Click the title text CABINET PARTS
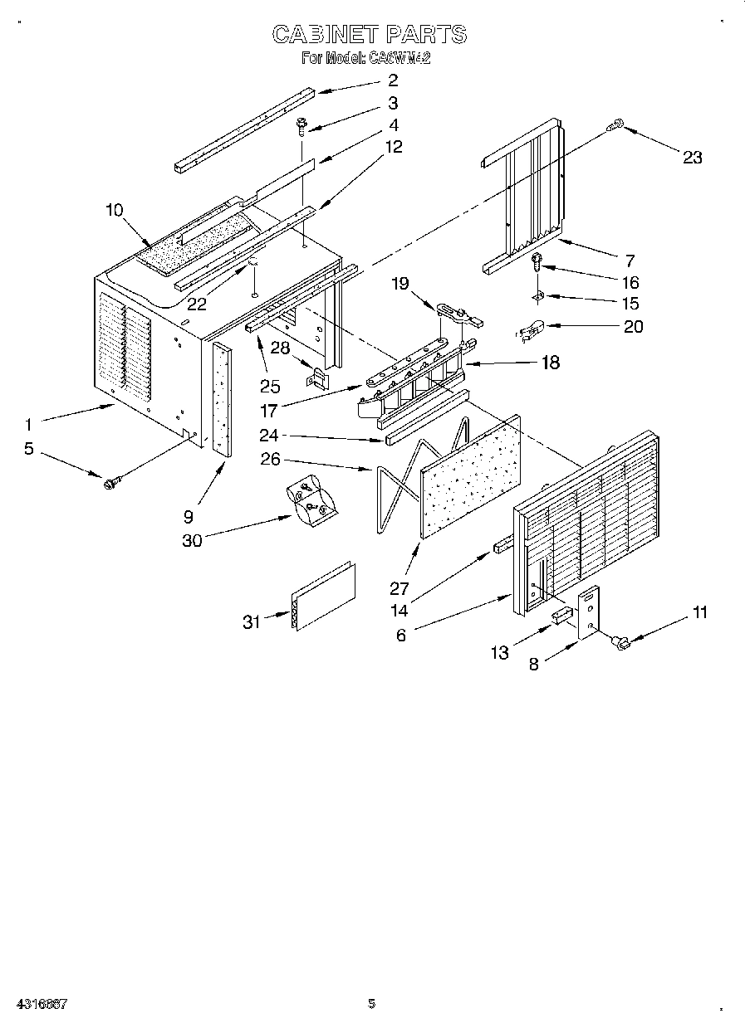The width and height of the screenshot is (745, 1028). (x=370, y=34)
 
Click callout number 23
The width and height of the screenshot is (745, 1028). (x=692, y=158)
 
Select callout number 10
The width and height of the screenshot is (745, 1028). (x=115, y=210)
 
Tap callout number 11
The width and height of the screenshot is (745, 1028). (x=700, y=613)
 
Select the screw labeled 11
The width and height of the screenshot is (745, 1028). (x=619, y=640)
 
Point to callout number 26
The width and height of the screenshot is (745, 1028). (x=271, y=458)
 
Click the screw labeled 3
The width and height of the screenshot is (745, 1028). (x=300, y=126)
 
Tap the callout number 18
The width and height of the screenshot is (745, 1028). (x=549, y=363)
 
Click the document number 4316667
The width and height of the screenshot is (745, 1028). (x=40, y=1004)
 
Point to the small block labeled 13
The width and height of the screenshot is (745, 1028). (x=561, y=616)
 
